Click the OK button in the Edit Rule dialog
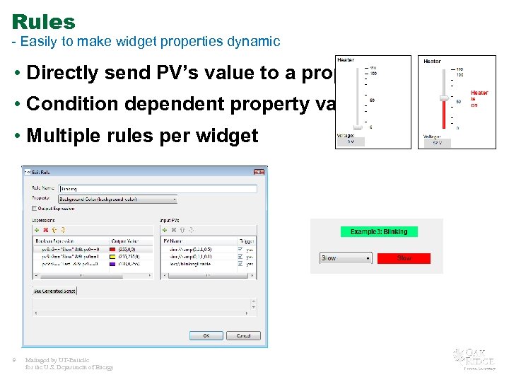(206, 335)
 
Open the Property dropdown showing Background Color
(117, 199)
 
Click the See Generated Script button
(54, 291)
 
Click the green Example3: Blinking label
(379, 231)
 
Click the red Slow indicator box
(404, 258)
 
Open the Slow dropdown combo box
(345, 258)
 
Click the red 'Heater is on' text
(479, 98)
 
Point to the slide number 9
(14, 361)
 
